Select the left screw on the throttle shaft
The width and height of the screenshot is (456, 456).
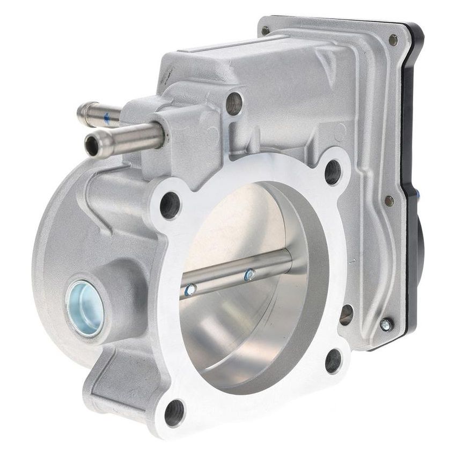tap(189, 290)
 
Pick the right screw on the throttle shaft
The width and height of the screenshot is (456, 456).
tap(249, 275)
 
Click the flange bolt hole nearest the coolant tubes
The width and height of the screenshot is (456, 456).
tap(171, 204)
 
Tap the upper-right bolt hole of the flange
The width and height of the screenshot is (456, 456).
tap(333, 172)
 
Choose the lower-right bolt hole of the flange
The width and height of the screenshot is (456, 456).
tap(333, 360)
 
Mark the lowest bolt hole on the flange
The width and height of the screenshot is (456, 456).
tap(174, 413)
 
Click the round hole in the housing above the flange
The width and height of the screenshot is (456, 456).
tap(234, 103)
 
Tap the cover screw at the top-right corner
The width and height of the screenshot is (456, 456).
tap(393, 39)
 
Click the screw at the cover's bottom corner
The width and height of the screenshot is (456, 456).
tap(386, 325)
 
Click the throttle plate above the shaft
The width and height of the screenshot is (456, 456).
tap(236, 225)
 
